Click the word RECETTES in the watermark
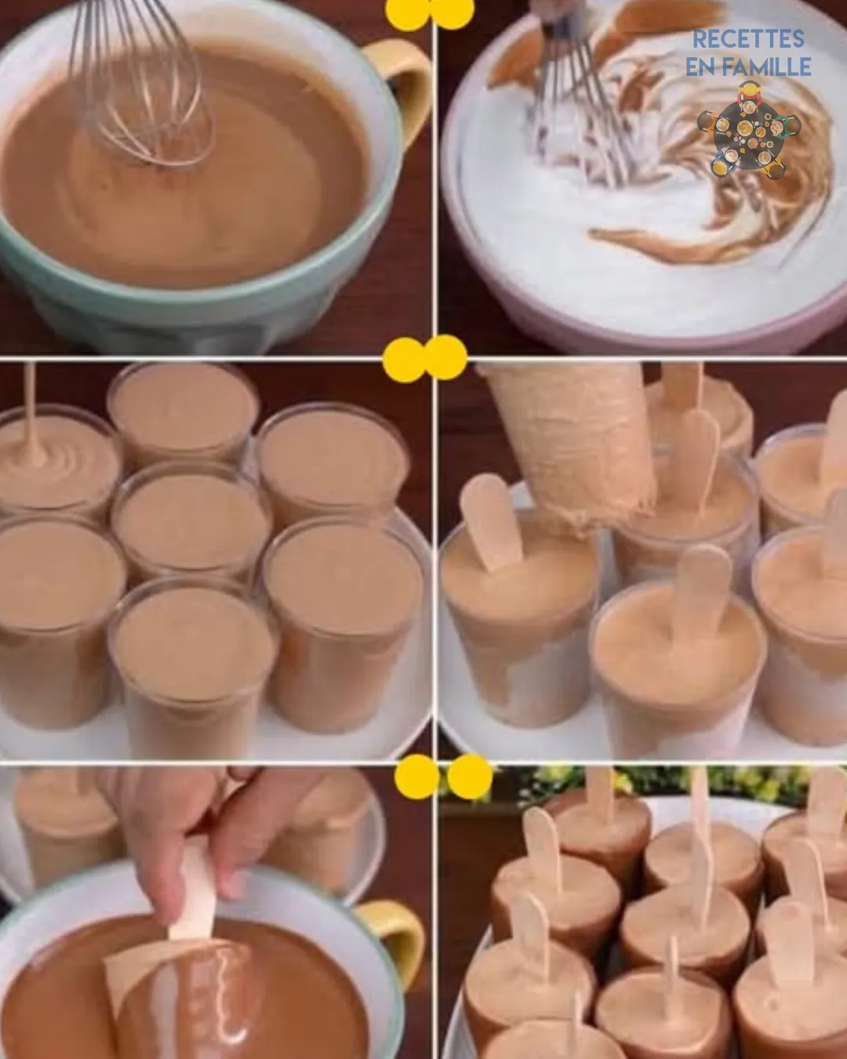click(x=748, y=39)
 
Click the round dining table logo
click(x=748, y=129)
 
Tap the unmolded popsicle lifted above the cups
click(x=571, y=443)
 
